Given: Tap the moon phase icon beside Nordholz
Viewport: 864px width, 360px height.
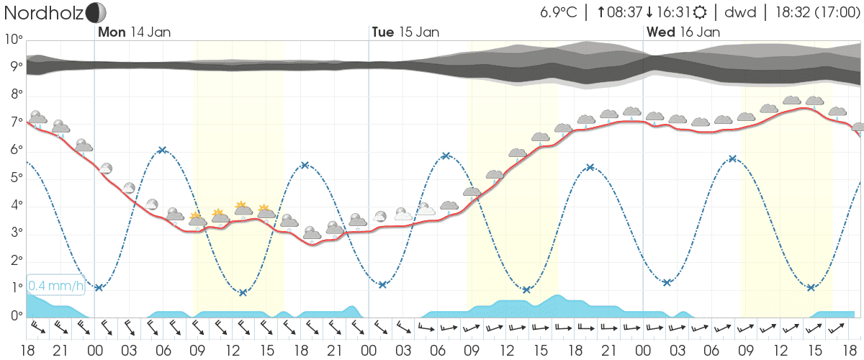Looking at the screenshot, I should coord(95,12).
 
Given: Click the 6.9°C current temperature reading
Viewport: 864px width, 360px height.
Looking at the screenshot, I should coord(559,13).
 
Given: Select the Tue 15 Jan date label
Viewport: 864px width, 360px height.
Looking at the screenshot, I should coord(405,32).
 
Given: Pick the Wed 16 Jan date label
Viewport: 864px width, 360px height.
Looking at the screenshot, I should coord(683,32).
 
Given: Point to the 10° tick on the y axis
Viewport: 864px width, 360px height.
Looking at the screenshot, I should coord(14,40).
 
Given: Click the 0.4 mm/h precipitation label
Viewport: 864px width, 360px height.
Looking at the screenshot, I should coord(56,287).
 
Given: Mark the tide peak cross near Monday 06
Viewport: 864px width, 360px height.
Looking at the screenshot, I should coord(162,150).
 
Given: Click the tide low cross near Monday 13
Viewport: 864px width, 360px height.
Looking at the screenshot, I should coord(243,292).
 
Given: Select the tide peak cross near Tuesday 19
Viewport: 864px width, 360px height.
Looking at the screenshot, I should coord(590,167).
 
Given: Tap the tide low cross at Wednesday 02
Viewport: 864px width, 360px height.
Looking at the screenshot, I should coord(667,282).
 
